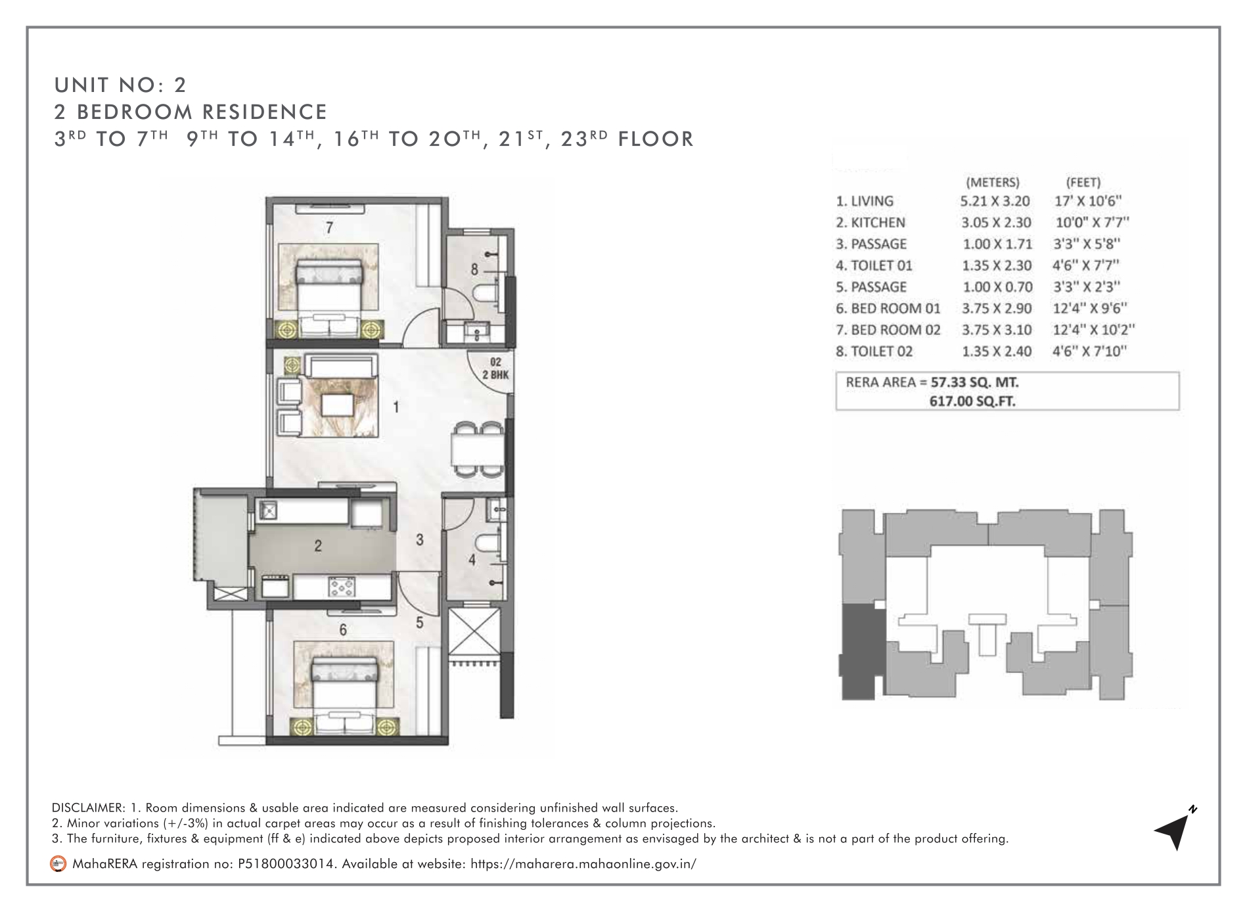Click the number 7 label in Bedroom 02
click(x=330, y=228)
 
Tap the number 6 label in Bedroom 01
click(x=342, y=630)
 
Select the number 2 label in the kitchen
click(x=318, y=545)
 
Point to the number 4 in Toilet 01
click(x=472, y=560)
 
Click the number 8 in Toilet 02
click(x=474, y=269)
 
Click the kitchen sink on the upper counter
click(x=267, y=510)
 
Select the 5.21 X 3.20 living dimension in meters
click(x=995, y=201)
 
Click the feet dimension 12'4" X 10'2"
click(x=1094, y=330)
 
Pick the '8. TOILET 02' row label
click(x=874, y=352)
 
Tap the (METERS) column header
click(x=992, y=182)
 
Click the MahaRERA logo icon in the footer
click(x=59, y=864)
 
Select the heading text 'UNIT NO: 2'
click(x=121, y=85)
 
